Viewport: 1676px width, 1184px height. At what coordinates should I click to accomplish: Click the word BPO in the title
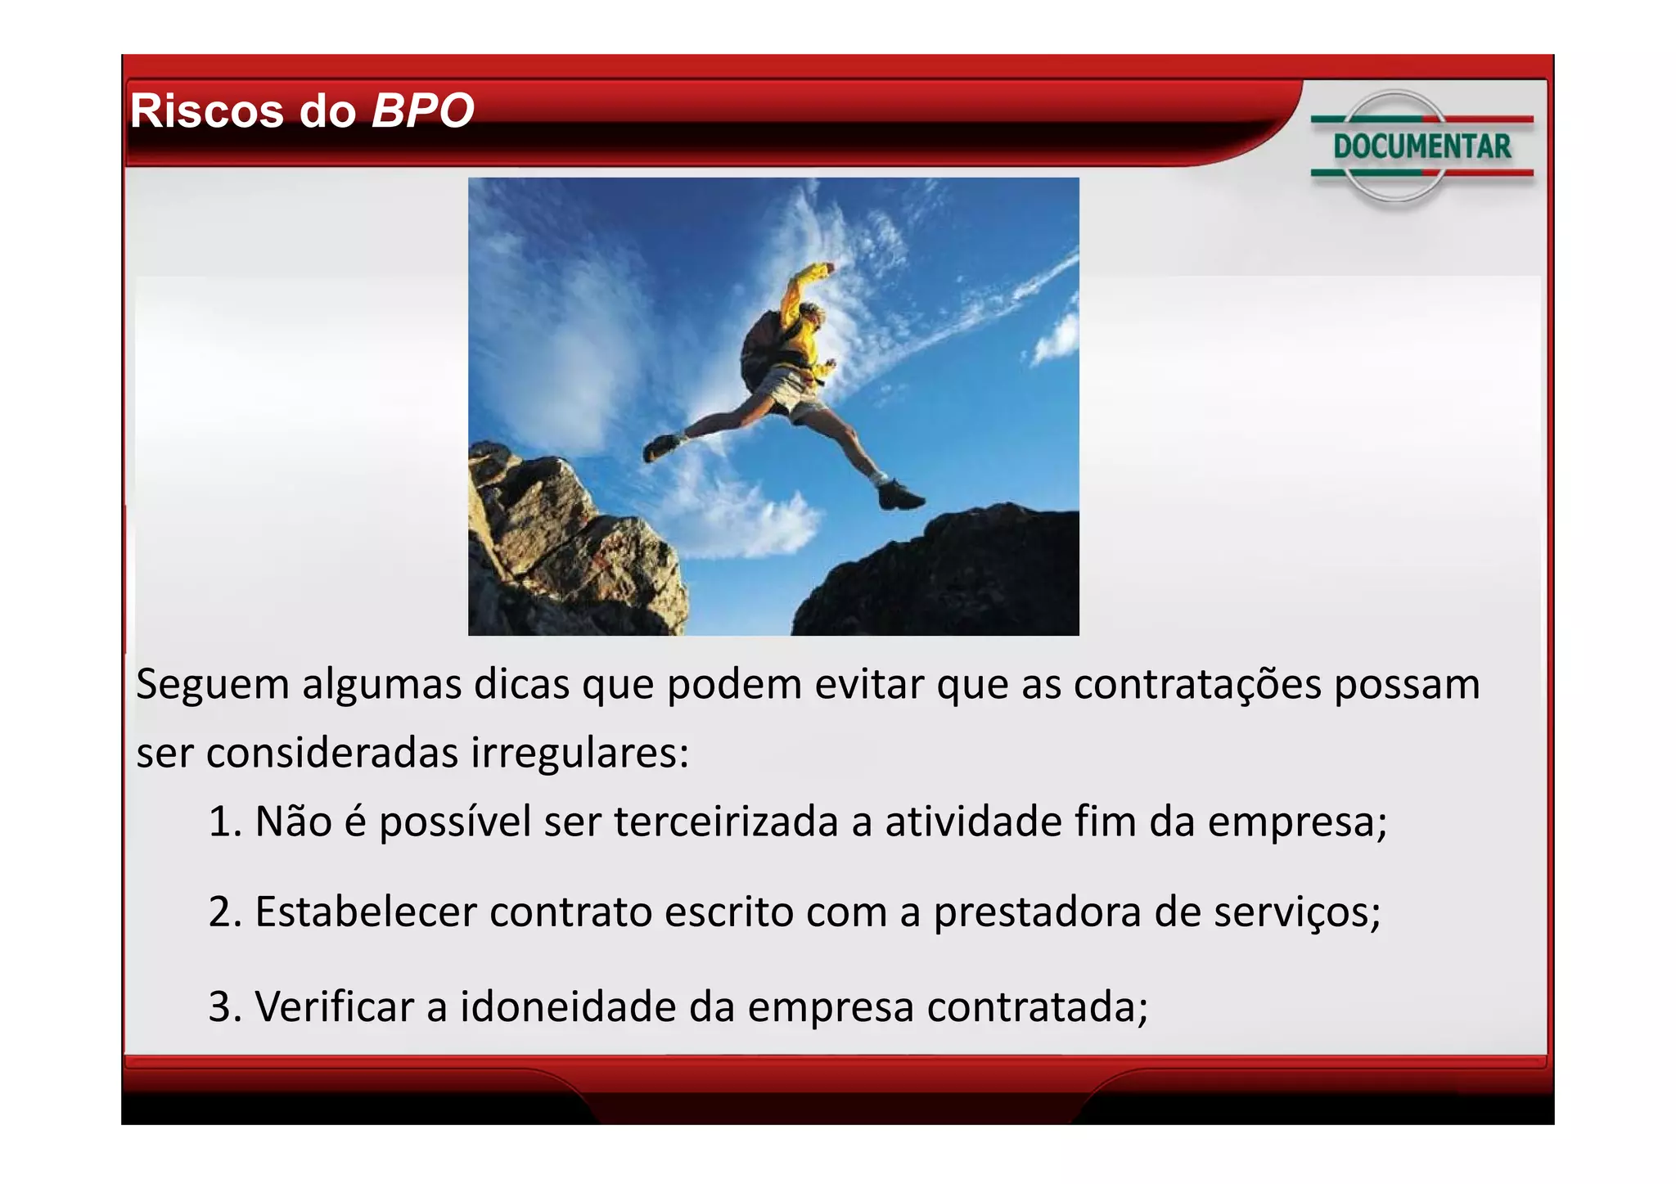[422, 110]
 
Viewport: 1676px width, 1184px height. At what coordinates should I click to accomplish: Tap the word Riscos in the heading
[208, 110]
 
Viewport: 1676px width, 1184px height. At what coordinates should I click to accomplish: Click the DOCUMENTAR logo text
[1422, 146]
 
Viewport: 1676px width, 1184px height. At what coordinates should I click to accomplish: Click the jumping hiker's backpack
[761, 348]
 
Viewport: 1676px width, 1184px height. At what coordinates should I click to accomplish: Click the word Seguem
[212, 684]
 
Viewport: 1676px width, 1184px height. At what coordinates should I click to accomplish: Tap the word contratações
[1196, 684]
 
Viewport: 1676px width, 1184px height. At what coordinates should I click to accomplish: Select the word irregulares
[579, 753]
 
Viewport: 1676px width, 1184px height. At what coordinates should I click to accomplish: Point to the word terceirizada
[726, 822]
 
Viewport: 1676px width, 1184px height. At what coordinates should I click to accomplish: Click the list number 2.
[223, 912]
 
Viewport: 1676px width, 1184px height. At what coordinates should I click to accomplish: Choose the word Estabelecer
[366, 912]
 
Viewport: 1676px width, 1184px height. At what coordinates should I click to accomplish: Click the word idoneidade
[568, 1006]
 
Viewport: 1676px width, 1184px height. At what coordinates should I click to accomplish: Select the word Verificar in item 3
[334, 1006]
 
